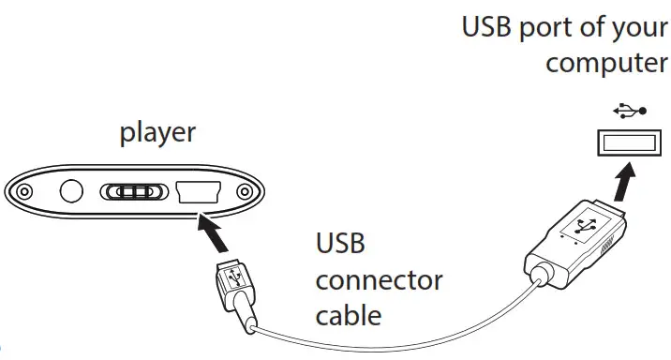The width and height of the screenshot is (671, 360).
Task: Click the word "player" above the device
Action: click(x=157, y=132)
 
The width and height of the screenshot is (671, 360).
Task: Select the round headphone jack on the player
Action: click(x=71, y=192)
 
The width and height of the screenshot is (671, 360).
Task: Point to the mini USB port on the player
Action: click(x=198, y=191)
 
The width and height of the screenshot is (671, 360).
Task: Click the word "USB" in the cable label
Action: click(x=339, y=247)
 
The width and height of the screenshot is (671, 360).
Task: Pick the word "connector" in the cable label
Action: click(x=379, y=280)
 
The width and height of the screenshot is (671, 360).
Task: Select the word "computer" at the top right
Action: click(x=607, y=64)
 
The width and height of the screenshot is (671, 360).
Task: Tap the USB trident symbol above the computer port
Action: click(x=628, y=110)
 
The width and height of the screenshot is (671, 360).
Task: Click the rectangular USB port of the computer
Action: click(x=628, y=142)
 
